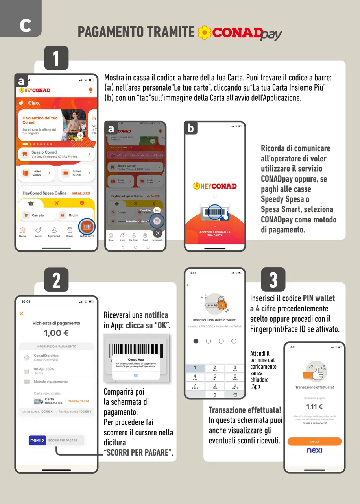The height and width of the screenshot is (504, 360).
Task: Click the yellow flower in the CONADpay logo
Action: coord(204,33)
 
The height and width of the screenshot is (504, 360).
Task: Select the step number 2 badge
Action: coord(56,280)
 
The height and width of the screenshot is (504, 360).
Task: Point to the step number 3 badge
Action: coord(273,280)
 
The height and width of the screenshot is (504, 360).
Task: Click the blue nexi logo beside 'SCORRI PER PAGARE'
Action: coord(37,440)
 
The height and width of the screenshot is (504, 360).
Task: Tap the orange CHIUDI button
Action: coord(314,441)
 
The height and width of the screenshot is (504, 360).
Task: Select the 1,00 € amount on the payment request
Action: coord(56,333)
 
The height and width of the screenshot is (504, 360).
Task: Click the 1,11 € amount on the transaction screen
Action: coord(314,407)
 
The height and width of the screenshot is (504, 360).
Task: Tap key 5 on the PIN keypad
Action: coord(215,377)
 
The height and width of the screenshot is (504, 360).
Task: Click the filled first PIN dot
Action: coord(196,341)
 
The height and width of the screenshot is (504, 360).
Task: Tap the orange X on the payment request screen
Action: coord(22,313)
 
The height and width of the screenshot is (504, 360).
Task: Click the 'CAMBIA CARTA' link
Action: coord(78,401)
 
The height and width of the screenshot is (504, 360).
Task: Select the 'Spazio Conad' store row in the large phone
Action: coord(56,154)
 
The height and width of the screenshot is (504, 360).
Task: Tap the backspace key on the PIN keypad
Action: coord(235,395)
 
